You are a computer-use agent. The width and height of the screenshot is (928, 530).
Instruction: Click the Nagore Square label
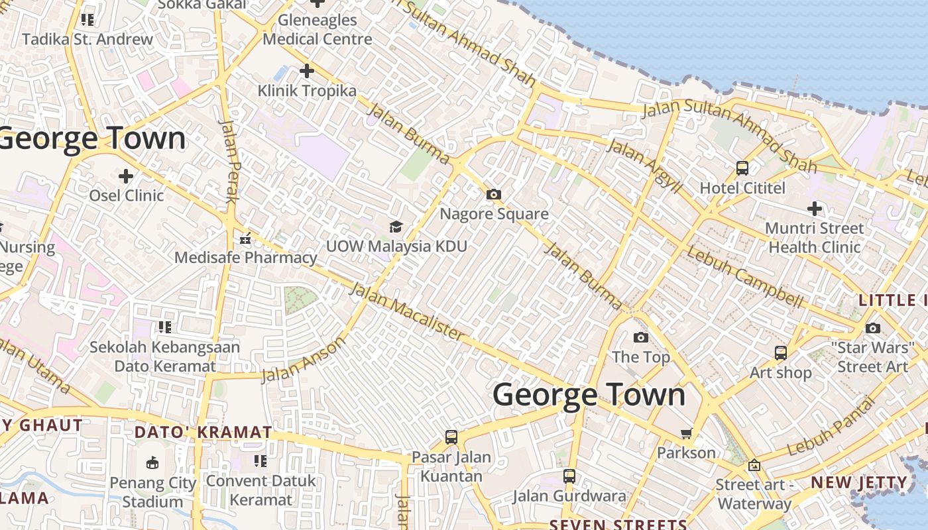[x=494, y=214]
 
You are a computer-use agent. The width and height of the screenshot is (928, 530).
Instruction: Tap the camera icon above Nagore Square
[x=494, y=194]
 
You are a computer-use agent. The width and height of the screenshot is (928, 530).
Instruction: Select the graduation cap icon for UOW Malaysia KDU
[x=396, y=227]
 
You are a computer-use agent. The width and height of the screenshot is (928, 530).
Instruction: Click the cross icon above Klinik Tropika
[x=306, y=70]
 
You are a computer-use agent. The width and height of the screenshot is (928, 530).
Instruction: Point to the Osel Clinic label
[x=126, y=195]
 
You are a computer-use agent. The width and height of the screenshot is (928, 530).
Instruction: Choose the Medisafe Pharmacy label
[x=246, y=257]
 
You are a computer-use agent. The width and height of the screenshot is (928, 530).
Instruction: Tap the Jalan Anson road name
[x=304, y=360]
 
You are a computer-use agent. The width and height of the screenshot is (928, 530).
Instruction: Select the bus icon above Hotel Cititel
[x=742, y=168]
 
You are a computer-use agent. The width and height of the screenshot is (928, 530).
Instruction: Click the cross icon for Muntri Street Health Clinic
[x=815, y=209]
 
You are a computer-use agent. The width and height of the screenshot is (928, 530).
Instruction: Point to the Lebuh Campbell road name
[x=745, y=276]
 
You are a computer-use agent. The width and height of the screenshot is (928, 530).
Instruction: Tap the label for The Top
[x=641, y=357]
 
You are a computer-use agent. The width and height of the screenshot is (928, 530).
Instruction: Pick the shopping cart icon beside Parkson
[x=686, y=433]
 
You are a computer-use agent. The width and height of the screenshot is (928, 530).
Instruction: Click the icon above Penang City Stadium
[x=152, y=462]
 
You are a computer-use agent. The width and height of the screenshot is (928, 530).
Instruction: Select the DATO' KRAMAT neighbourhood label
[x=203, y=433]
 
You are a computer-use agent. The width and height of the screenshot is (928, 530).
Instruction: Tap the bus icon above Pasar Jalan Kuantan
[x=451, y=437]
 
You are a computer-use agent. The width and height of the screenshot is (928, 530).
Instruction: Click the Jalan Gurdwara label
[x=569, y=496]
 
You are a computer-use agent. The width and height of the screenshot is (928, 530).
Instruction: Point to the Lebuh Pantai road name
[x=837, y=428]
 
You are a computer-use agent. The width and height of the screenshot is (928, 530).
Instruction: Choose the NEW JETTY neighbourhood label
[x=859, y=482]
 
